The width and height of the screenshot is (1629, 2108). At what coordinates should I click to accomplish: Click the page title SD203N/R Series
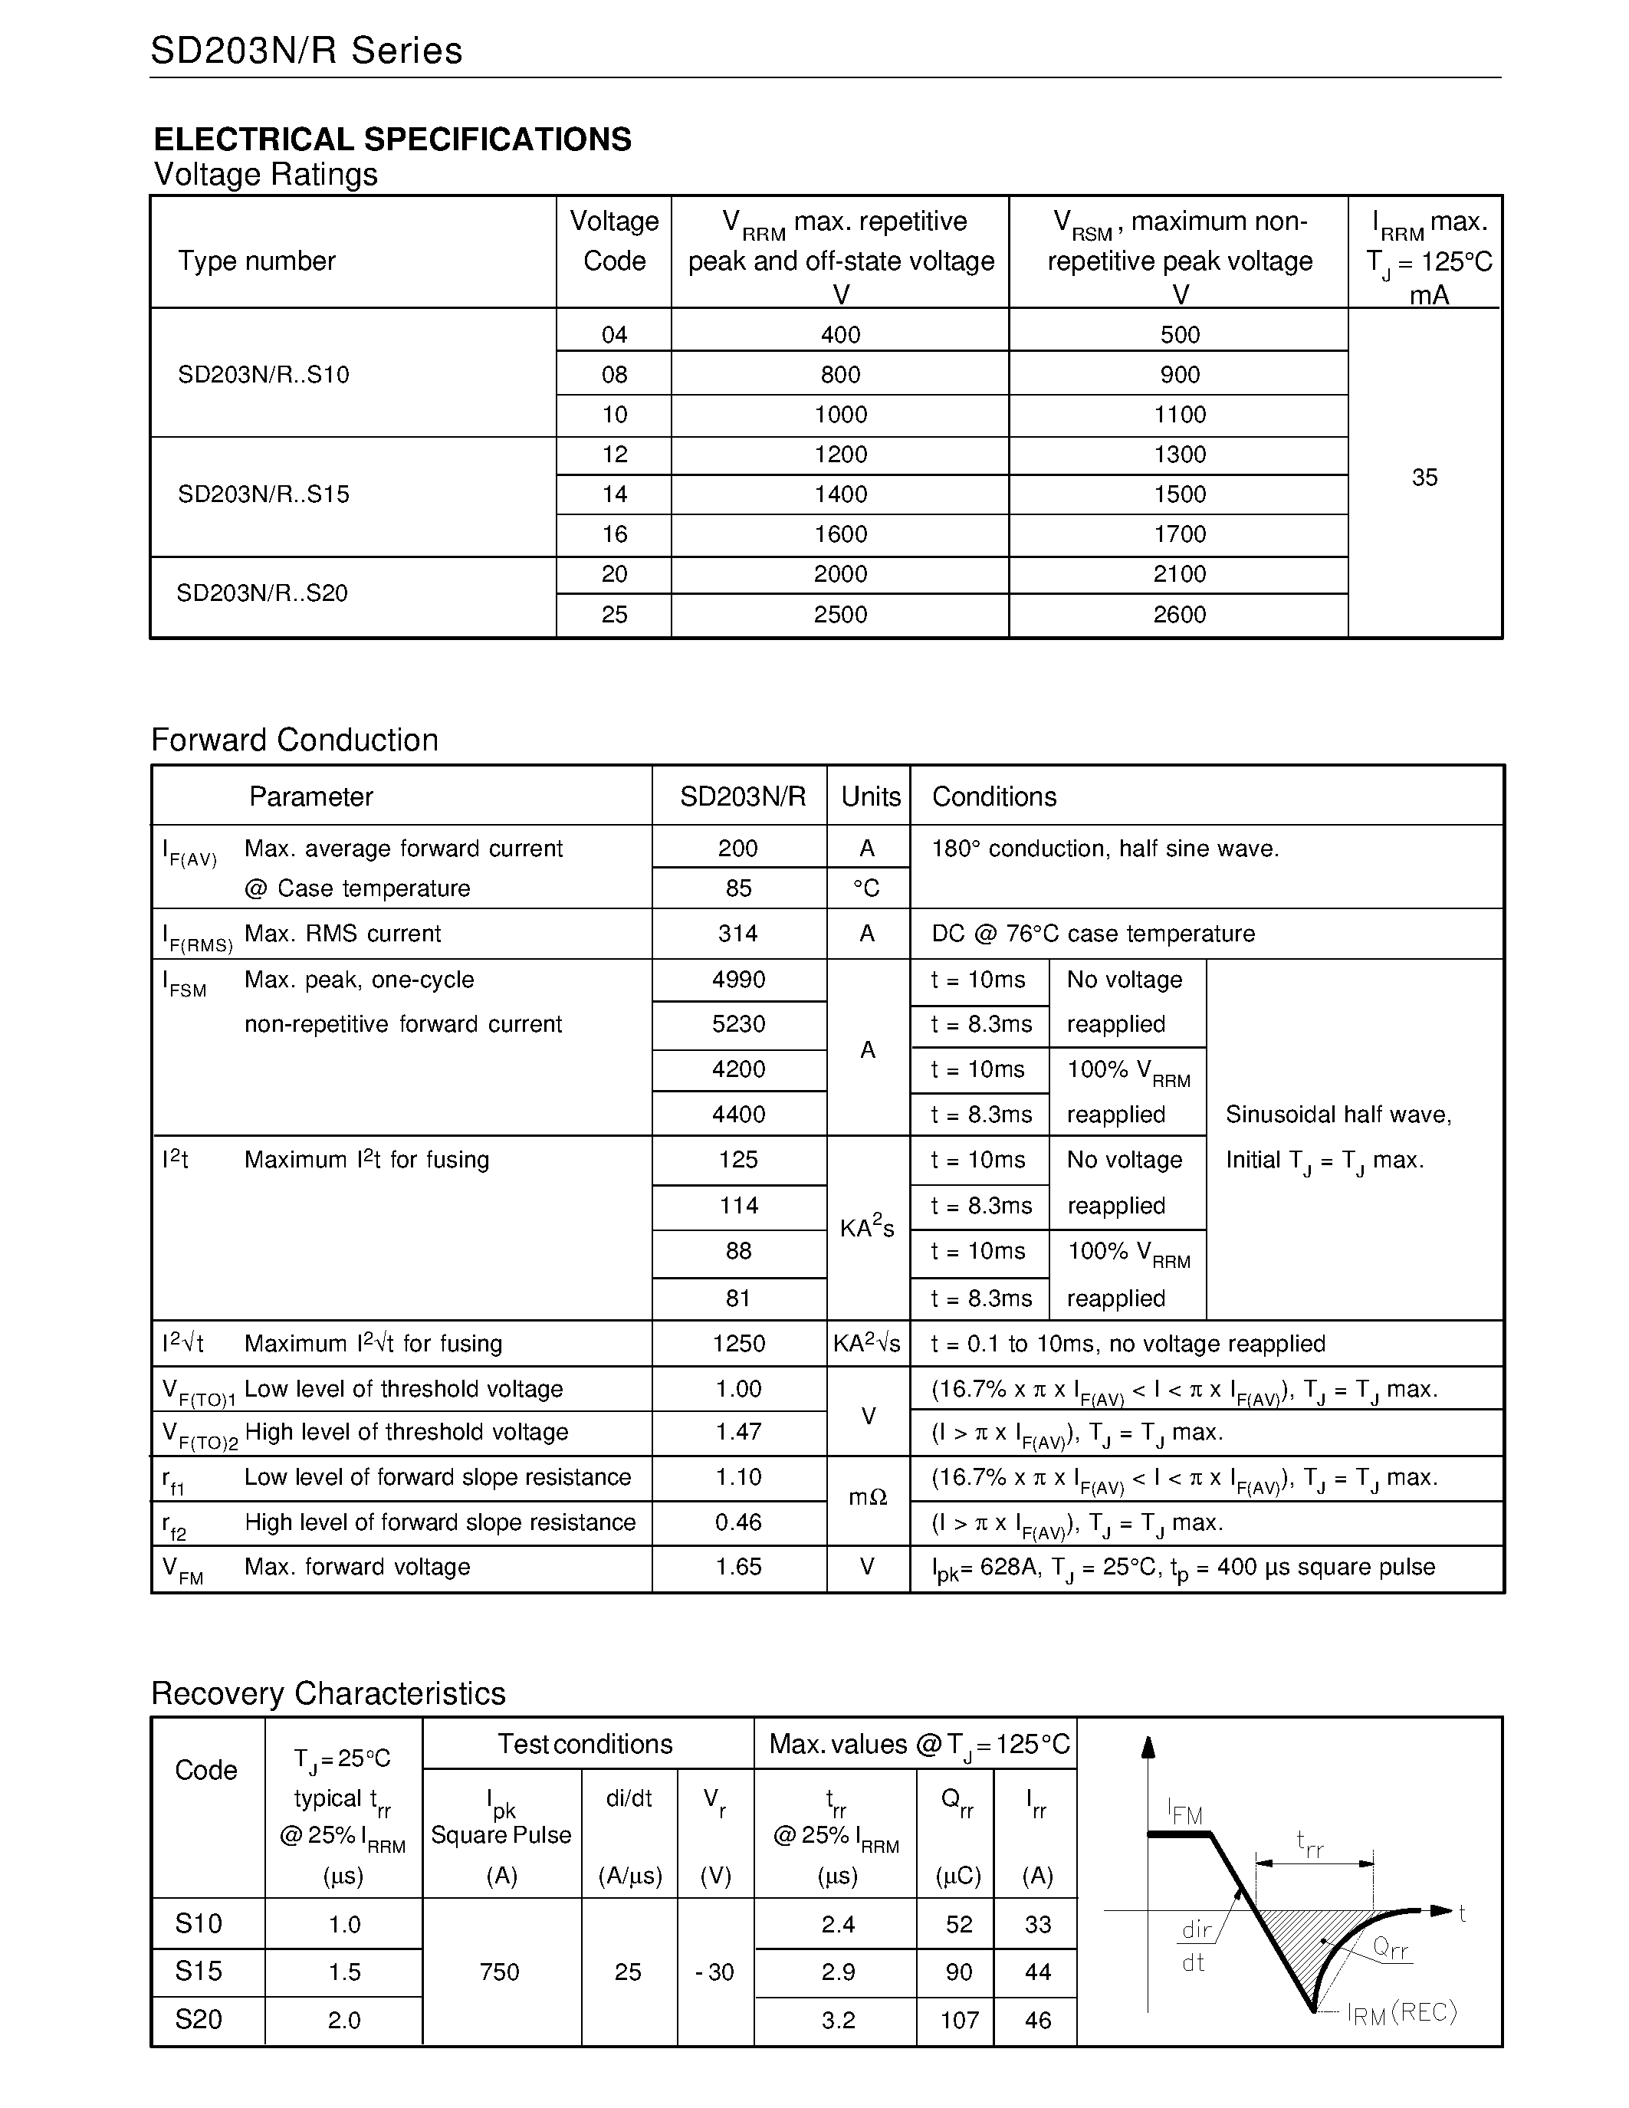coord(306,51)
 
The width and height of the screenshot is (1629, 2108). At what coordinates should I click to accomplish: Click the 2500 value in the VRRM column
coord(839,615)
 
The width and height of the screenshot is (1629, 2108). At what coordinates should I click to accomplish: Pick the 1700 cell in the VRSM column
coord(1179,535)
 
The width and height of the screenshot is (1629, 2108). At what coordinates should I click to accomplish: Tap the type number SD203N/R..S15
coord(264,495)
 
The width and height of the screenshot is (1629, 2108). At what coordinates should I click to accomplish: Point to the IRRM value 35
coord(1424,478)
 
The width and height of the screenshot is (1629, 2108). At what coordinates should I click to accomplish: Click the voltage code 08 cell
coord(614,375)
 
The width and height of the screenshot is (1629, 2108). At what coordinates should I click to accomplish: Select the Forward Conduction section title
coord(294,740)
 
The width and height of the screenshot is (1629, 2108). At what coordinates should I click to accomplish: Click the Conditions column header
coord(994,797)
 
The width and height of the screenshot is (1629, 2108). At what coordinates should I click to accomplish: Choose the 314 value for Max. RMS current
coord(738,934)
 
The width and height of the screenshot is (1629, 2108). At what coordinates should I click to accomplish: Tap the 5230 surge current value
coord(738,1024)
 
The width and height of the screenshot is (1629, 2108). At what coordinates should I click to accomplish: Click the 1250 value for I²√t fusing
coord(738,1344)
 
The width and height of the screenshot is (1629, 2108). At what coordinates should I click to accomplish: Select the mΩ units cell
coord(868,1498)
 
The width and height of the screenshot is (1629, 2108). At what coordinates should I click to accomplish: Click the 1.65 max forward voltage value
coord(738,1568)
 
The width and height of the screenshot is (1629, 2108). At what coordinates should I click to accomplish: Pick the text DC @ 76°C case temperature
coord(1093,934)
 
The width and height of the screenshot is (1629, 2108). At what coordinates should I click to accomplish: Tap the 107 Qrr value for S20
coord(959,2020)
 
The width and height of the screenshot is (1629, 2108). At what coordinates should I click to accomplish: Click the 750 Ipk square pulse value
coord(500,1972)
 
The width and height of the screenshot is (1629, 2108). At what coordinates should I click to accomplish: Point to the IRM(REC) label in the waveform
coord(1401,2014)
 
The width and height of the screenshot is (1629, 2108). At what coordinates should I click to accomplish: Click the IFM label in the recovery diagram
coord(1185,1813)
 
